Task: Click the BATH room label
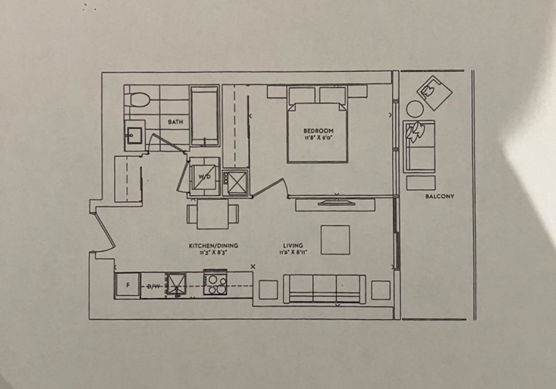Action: coord(175,122)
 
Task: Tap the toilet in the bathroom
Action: coord(138,100)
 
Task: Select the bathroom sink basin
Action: coord(134,135)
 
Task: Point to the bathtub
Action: coord(204,116)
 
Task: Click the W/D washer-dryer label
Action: coord(204,176)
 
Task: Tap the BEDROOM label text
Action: coord(319,131)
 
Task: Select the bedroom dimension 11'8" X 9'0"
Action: coord(319,138)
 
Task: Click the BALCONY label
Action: coord(440,196)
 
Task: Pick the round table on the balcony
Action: coord(415,108)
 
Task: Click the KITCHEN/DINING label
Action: coord(214,245)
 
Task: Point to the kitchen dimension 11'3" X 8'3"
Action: coord(213,252)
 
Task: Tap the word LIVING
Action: coord(293,245)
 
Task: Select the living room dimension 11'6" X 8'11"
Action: coord(293,252)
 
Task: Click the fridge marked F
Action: coord(127,285)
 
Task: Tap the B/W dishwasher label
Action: coord(153,287)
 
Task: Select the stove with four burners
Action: coord(215,282)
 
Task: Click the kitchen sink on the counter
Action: coord(177,285)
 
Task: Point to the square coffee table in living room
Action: coord(335,240)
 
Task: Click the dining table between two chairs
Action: coord(213,214)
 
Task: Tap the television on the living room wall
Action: coord(335,203)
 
